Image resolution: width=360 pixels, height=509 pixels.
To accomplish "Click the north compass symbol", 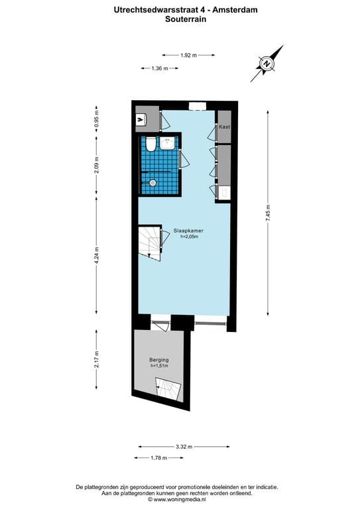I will coord(267,64).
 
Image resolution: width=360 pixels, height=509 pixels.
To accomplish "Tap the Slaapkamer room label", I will coord(188,231).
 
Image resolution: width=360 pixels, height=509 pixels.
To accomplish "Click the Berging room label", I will coord(159,360).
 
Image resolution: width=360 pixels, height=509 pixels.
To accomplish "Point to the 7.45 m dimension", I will coord(269,214).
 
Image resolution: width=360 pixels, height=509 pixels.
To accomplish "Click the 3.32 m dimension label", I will coord(185,447).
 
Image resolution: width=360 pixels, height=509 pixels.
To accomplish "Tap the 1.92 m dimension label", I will coord(189,56).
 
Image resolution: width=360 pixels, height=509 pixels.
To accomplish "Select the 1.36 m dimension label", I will coord(160,69).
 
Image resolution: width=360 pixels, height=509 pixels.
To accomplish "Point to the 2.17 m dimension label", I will coord(97,361).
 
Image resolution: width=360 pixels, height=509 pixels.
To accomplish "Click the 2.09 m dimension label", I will coord(97,162).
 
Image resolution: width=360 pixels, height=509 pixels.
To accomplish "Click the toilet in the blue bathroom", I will coord(151,144).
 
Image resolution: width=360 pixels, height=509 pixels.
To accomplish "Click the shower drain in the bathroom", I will coord(152,182).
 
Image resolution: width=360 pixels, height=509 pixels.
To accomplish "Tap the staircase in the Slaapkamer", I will coord(150,242).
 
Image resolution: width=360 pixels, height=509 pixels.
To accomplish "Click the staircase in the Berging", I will coord(169,388).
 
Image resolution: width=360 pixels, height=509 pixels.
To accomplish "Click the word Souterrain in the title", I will coord(186,20).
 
